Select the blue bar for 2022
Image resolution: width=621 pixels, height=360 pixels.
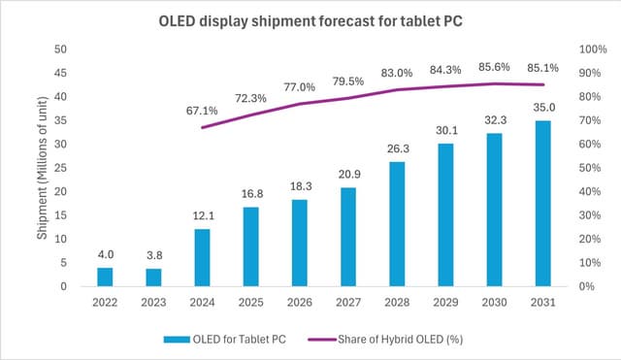(x=105, y=277)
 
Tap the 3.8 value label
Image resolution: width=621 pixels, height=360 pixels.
(x=154, y=256)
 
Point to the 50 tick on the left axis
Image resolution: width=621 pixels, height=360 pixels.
(x=60, y=49)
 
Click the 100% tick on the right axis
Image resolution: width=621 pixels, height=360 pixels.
(x=593, y=49)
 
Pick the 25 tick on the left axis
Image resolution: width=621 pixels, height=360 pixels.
(x=60, y=168)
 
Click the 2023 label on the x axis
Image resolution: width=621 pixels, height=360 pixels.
(x=154, y=302)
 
